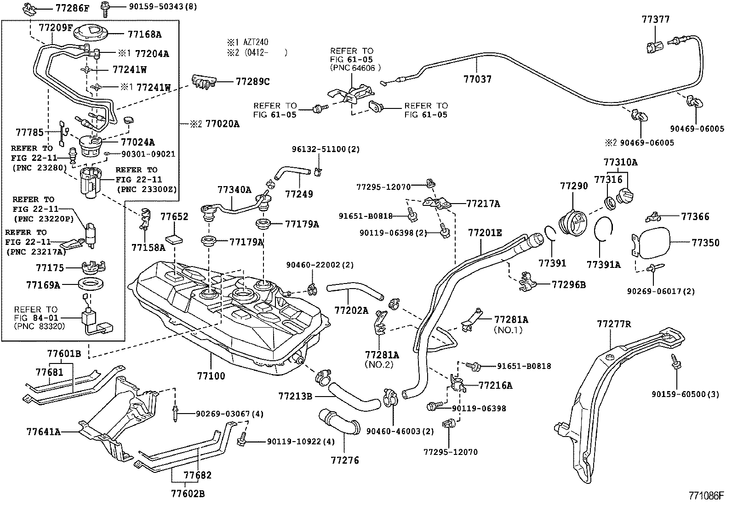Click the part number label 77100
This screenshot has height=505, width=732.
point(211,376)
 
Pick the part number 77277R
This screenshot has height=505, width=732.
point(614,324)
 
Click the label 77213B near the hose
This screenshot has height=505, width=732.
point(295,396)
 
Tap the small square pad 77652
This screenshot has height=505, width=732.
point(175,239)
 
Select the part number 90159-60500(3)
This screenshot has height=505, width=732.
point(685,394)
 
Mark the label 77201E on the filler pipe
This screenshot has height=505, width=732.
point(485,233)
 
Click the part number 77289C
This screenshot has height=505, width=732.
point(252,82)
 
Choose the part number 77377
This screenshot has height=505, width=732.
point(656,19)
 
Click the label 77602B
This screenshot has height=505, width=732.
point(188,494)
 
